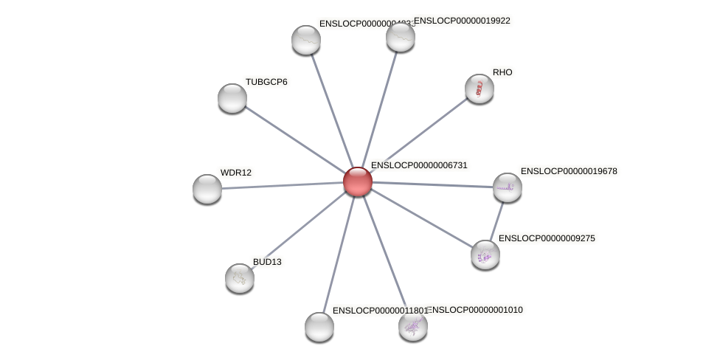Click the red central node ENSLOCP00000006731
click(x=358, y=181)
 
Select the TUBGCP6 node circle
click(x=232, y=98)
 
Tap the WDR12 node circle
click(x=207, y=189)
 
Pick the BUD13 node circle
click(x=240, y=278)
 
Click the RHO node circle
click(x=480, y=89)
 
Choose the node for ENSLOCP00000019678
click(x=508, y=187)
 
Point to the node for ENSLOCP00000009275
click(x=485, y=255)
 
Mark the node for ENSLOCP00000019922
click(x=401, y=37)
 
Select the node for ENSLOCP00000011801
click(x=319, y=327)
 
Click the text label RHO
click(x=502, y=72)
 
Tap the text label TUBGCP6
click(x=266, y=82)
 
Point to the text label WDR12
click(x=236, y=173)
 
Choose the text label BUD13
click(x=267, y=262)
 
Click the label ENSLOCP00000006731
click(x=419, y=165)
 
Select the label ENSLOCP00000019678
click(x=569, y=171)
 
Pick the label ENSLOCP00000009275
click(x=547, y=238)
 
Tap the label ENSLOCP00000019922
click(x=462, y=21)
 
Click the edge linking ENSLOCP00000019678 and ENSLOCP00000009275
click(x=496, y=221)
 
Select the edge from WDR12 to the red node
click(x=283, y=185)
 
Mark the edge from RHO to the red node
click(x=418, y=135)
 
